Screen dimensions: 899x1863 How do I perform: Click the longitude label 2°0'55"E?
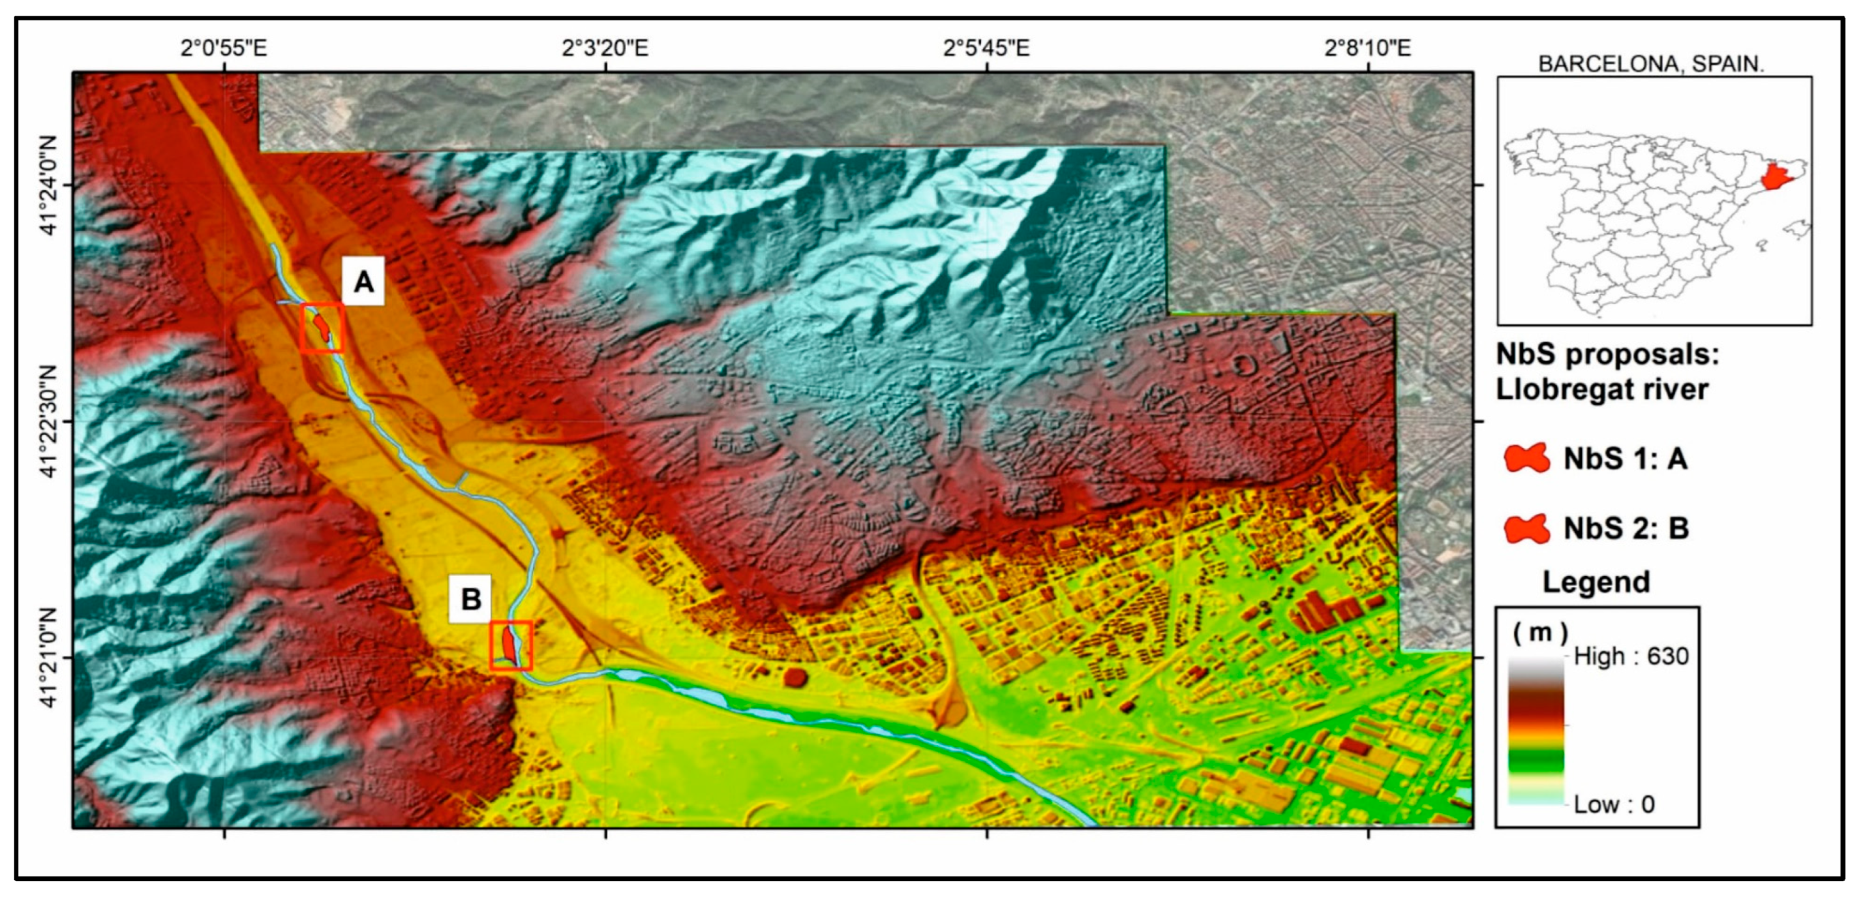click(x=224, y=48)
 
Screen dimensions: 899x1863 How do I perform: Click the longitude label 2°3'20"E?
click(x=605, y=48)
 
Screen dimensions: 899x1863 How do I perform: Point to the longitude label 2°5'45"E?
click(x=986, y=48)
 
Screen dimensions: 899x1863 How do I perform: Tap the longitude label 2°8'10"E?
click(x=1367, y=48)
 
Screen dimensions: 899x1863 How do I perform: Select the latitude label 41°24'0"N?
click(x=48, y=185)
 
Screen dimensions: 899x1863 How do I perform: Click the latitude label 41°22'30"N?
click(x=48, y=421)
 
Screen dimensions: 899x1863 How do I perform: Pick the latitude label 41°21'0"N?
click(x=48, y=658)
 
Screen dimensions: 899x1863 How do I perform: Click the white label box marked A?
click(x=364, y=281)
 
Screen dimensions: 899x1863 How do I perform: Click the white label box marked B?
click(x=470, y=599)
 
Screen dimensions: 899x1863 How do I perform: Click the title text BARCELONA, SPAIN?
click(x=1651, y=64)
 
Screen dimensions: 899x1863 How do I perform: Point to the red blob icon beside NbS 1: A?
click(x=1526, y=458)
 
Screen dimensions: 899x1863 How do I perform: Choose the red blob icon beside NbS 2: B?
click(x=1526, y=528)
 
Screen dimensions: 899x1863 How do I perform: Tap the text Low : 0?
click(x=1614, y=804)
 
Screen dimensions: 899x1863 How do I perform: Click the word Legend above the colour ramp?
click(x=1596, y=581)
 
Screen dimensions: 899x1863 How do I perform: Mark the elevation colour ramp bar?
click(x=1536, y=731)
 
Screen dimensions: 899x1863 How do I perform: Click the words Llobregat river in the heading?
click(x=1601, y=389)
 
